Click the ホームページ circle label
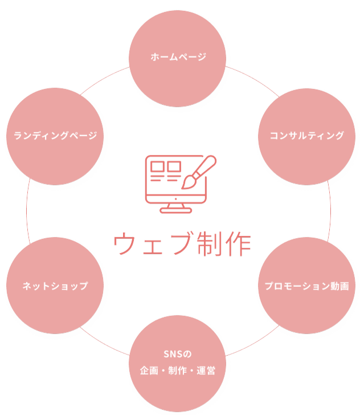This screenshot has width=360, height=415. (x=178, y=57)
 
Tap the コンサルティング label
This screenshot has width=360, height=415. (x=307, y=136)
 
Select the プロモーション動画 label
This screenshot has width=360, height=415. (x=306, y=286)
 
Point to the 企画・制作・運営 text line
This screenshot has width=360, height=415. (x=178, y=371)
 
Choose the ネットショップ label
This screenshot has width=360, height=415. (x=55, y=286)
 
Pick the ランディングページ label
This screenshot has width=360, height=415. (x=55, y=136)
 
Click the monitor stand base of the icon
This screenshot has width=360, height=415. (x=175, y=210)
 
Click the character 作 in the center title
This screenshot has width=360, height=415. (x=238, y=245)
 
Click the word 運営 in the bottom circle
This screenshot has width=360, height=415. (x=207, y=371)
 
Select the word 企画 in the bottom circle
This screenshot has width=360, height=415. (x=149, y=371)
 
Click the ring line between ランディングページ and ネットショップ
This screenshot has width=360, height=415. (x=26, y=210)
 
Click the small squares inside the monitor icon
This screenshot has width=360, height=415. (x=165, y=167)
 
